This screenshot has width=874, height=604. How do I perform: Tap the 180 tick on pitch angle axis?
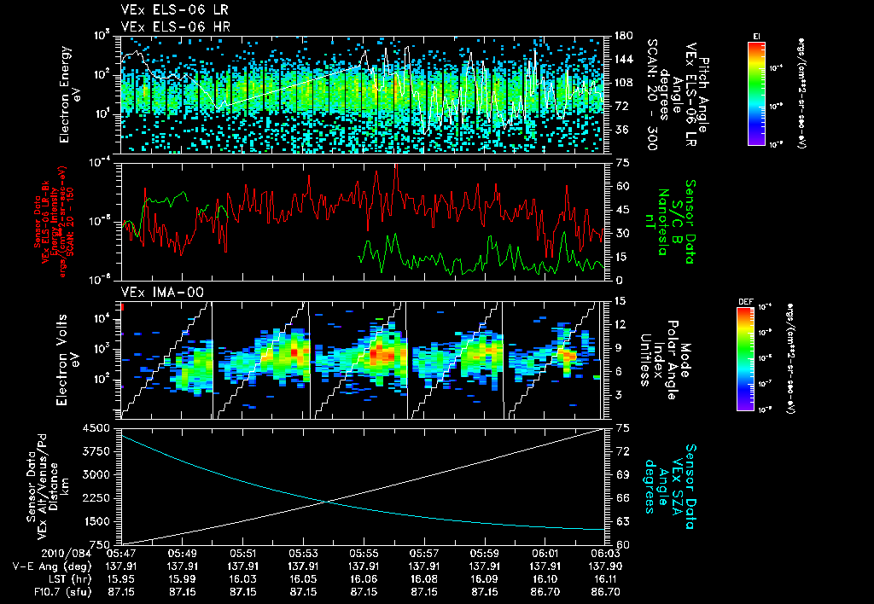pos(622,35)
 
